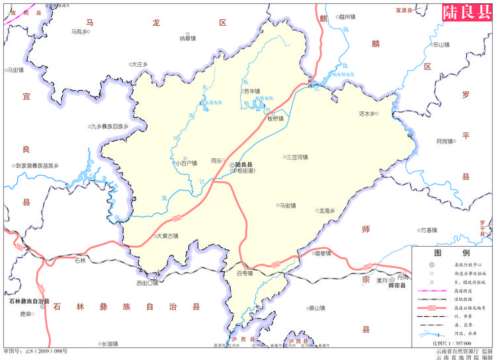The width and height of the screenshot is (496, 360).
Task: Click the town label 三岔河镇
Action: pos(297,157)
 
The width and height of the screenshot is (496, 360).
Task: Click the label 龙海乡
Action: pos(328,211)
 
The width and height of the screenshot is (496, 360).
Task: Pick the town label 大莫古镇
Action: pos(167,236)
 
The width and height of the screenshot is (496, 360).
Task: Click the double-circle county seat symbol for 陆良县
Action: pos(231,164)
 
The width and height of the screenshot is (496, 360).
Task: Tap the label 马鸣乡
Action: pos(80,31)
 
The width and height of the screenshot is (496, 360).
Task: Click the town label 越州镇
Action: pos(347,17)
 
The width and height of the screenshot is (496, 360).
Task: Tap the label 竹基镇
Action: pos(429,230)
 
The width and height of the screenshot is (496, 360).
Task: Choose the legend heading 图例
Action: pos(452,253)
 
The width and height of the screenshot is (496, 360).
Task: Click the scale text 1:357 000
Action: pos(456,344)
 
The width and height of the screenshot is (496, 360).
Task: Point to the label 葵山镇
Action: pos(317,308)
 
